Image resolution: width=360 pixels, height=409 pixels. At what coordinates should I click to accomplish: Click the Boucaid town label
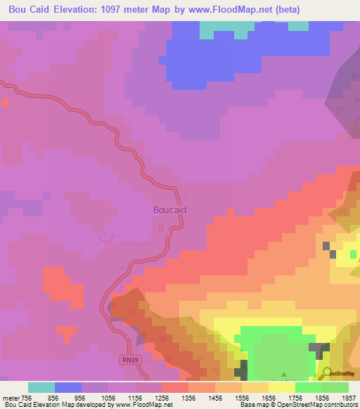point(169,209)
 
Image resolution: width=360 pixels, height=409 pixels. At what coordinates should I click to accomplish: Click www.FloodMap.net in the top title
point(232,10)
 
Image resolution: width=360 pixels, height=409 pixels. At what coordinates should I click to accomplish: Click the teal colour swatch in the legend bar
point(41,387)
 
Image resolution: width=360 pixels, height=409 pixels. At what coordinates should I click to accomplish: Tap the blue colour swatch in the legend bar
point(67,387)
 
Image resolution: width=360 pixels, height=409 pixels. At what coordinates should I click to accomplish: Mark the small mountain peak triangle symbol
point(283,375)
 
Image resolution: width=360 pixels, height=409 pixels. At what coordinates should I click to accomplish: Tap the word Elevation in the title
point(73,10)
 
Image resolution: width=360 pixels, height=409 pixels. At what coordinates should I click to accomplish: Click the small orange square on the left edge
point(5,103)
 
